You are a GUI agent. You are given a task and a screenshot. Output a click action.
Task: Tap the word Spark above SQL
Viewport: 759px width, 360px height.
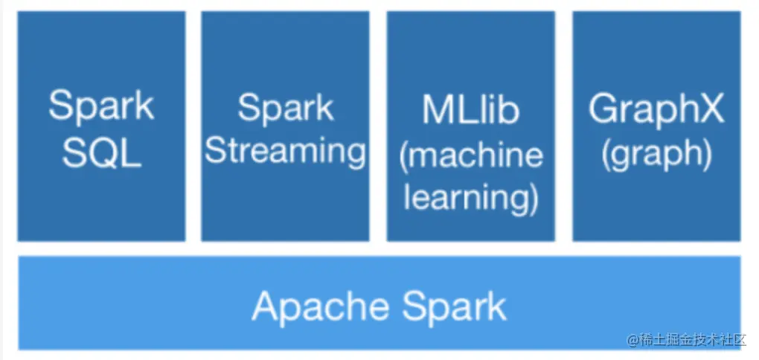click(x=102, y=106)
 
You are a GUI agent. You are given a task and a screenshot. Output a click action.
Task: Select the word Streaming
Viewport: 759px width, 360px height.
click(x=285, y=153)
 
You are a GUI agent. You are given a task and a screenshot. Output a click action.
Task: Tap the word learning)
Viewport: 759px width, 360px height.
click(x=471, y=199)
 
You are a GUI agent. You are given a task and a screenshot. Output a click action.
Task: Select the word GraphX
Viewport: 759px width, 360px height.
click(x=656, y=111)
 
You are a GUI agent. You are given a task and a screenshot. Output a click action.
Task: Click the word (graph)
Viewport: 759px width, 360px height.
click(x=656, y=155)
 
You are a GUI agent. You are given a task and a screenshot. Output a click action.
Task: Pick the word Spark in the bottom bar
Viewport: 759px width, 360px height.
click(x=454, y=306)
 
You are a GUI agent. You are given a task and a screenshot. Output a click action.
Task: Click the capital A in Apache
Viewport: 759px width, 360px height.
click(x=267, y=306)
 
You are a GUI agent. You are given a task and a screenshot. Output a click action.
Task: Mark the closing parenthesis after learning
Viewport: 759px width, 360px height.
click(x=534, y=199)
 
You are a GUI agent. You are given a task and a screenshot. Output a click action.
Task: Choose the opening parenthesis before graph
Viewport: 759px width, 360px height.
click(x=606, y=155)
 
